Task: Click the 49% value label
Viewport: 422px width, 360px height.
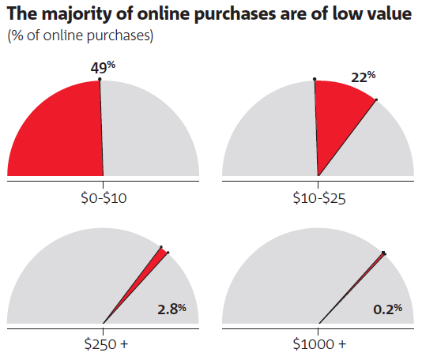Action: click(x=103, y=67)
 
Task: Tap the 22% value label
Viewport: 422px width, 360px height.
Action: click(x=363, y=77)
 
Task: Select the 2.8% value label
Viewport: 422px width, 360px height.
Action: click(x=171, y=309)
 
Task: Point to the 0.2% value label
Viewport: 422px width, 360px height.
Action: click(x=387, y=309)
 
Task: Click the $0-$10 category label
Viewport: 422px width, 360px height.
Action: click(x=104, y=198)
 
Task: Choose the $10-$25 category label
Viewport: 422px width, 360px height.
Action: click(x=319, y=199)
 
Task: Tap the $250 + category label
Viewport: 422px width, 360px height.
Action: click(x=106, y=344)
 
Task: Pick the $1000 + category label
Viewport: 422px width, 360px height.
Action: click(x=319, y=344)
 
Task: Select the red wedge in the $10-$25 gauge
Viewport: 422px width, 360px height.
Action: click(x=337, y=115)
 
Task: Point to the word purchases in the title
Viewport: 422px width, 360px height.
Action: click(x=235, y=14)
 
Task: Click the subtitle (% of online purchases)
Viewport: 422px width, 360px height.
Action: click(x=80, y=36)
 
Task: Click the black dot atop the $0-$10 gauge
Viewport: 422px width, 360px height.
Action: click(x=100, y=79)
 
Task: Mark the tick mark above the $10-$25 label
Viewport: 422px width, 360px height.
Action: click(x=318, y=185)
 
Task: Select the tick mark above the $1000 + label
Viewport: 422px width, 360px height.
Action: click(x=318, y=332)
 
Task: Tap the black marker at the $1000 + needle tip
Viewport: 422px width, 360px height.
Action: click(x=383, y=253)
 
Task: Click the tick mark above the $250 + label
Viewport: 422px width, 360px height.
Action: click(x=103, y=332)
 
